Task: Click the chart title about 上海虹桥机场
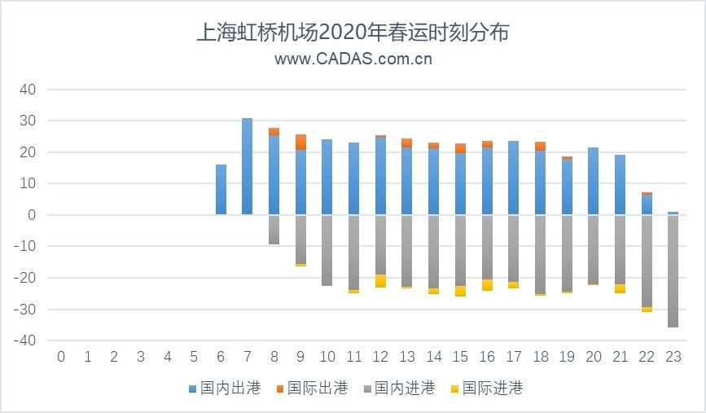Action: tap(353, 33)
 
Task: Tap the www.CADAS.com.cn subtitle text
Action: tap(353, 59)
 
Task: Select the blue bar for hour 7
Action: tap(248, 166)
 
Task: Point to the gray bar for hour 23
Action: tap(673, 271)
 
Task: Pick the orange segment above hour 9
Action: tap(300, 142)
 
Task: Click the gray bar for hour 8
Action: tap(274, 229)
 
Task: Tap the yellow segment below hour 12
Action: tap(380, 281)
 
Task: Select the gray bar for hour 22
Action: tap(646, 261)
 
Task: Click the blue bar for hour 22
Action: tap(646, 204)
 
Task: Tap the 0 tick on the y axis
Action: tap(32, 215)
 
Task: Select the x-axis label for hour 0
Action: tap(61, 357)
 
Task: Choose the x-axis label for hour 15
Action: tap(460, 357)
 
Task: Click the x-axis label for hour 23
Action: tap(673, 357)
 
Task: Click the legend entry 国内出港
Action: tap(231, 389)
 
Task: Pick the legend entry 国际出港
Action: tap(318, 389)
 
